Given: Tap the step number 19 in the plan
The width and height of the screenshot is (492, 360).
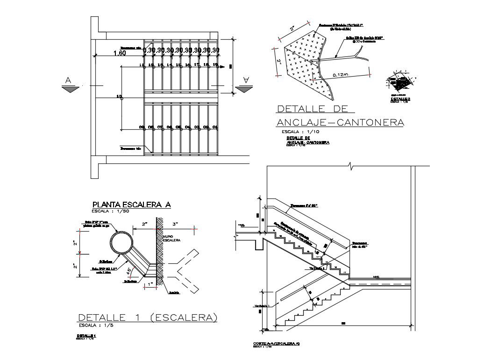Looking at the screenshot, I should click(215, 64).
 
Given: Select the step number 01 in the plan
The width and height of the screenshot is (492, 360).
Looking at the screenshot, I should click(215, 127).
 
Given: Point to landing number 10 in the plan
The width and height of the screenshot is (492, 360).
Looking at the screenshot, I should click(119, 97).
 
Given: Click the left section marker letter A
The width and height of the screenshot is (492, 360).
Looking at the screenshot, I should click(68, 81).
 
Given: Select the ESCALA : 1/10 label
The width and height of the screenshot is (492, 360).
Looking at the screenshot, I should click(300, 132).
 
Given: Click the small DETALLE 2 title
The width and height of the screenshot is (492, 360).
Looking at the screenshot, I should click(400, 99).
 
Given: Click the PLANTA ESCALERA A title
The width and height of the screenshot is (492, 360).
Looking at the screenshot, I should click(132, 204).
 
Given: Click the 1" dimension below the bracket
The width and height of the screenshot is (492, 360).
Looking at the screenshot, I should click(150, 284).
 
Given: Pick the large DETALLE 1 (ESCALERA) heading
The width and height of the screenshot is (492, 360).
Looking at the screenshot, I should click(147, 318).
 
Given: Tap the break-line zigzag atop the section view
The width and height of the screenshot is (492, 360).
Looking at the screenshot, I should click(350, 165).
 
